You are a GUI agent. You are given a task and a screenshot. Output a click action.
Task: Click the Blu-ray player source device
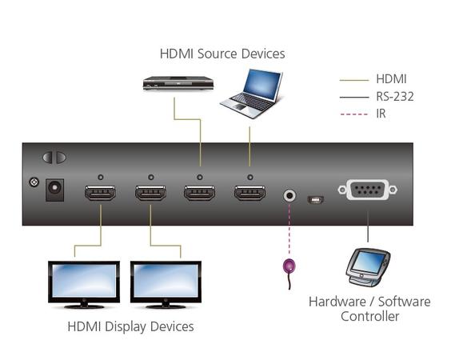178,83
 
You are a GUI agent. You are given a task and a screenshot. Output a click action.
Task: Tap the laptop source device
252,94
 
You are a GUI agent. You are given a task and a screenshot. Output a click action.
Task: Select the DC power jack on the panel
54,190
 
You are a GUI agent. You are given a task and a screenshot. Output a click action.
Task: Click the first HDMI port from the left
100,193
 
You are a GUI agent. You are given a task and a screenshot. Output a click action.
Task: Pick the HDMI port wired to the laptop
250,193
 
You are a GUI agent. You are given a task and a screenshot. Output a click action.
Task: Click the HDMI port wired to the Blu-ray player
200,193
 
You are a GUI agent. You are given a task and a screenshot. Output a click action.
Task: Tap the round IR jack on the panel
289,196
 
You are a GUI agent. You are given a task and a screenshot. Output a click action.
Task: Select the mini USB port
315,200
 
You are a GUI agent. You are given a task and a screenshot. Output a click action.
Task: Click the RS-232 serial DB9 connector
368,190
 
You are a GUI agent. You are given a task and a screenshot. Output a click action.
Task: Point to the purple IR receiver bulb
289,266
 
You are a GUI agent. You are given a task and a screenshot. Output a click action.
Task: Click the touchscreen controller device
367,267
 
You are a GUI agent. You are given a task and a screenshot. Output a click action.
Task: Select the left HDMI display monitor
84,285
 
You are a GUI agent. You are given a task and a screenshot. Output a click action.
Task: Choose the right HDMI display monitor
166,285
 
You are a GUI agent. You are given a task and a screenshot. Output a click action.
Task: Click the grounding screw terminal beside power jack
34,182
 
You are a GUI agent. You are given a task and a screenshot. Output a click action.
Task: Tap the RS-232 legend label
395,97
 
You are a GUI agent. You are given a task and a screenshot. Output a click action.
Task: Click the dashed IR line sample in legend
354,114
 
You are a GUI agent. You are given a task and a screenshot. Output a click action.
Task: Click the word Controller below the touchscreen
369,316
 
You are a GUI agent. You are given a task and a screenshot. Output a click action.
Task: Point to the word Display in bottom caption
126,327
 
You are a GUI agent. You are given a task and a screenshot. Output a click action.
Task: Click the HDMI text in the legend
391,79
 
